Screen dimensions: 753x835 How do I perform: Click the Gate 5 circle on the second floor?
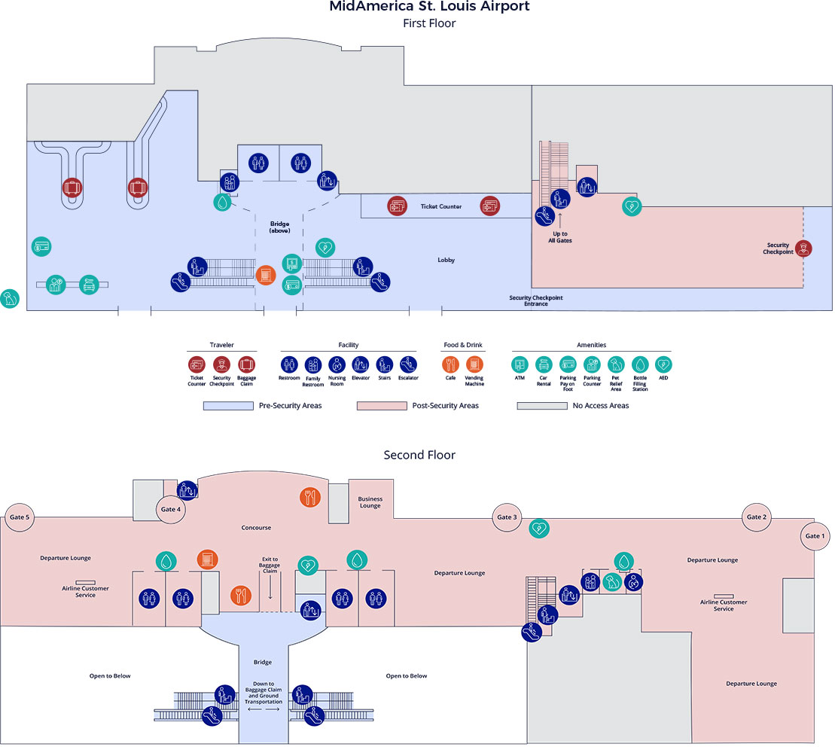coord(19,517)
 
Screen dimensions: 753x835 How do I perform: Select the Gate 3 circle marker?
coord(507,517)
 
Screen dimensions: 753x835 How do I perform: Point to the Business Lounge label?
coord(370,502)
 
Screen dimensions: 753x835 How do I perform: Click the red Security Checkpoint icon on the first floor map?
coord(804,248)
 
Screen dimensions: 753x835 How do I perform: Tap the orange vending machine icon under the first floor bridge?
coord(266,275)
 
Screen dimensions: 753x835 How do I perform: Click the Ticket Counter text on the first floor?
coord(440,206)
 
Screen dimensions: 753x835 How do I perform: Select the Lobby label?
coord(446,260)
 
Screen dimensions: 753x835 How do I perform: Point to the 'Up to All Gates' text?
coord(559,237)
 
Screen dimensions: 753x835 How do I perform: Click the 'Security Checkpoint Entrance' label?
coord(535,300)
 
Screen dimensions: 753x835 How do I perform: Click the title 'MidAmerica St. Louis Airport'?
coord(429,8)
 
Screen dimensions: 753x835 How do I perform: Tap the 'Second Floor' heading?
coord(419,455)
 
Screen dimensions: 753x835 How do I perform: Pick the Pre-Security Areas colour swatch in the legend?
coord(228,406)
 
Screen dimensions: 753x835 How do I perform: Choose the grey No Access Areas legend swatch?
coord(541,406)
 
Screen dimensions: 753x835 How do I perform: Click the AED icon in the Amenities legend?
coord(663,364)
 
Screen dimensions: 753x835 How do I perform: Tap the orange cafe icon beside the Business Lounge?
coord(311,497)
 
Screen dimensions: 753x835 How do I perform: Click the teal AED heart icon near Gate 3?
coord(540,529)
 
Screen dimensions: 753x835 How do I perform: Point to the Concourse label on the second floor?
coord(256,528)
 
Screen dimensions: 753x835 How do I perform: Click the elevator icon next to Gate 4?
coord(187,490)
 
